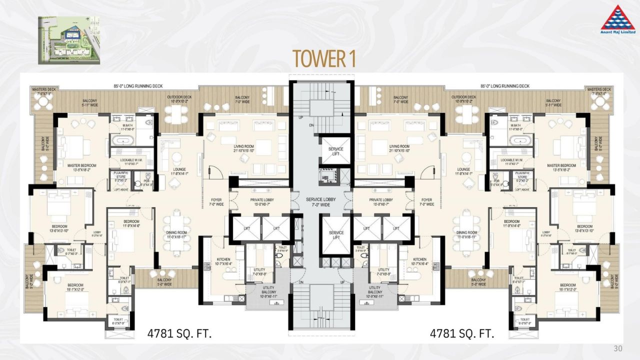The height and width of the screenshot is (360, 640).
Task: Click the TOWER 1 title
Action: pos(324,58)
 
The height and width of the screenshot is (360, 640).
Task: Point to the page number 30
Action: pos(618,348)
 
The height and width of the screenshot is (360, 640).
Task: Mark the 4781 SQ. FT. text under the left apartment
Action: pos(180,333)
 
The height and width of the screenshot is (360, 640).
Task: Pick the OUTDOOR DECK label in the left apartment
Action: pos(179,99)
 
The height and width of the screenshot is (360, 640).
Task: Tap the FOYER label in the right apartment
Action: pos(426,201)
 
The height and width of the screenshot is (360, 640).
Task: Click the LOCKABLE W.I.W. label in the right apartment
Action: pos(512,161)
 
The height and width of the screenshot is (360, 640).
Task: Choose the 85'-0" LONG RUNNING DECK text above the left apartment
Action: pos(138,86)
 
